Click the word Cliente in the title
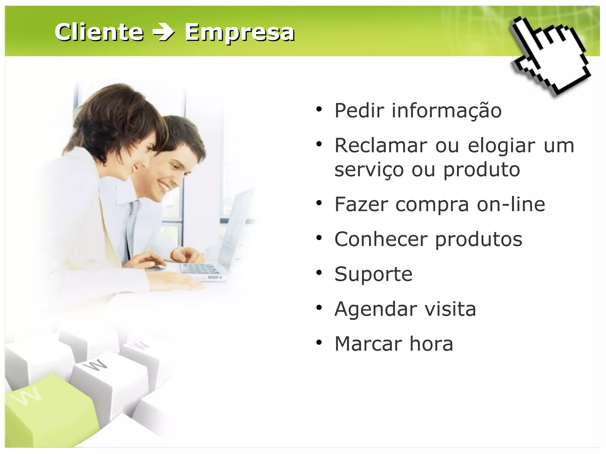coord(99,32)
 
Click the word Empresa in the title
coord(239,33)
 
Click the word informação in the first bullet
coord(447,110)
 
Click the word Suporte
coord(373,274)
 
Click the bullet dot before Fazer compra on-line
coord(319,203)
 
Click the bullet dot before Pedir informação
coord(319,109)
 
